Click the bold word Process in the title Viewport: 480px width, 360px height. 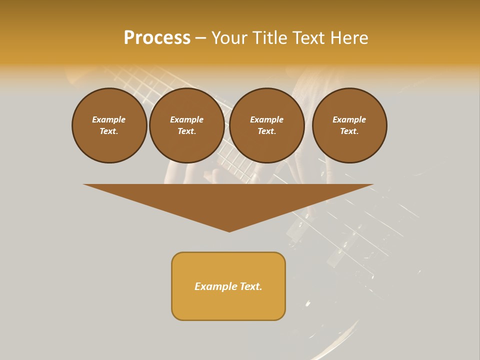157,38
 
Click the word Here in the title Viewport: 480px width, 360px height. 350,38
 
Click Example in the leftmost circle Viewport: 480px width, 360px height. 109,119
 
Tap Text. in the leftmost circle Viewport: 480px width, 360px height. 109,131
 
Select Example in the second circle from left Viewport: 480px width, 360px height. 186,119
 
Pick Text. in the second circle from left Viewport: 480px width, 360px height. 186,131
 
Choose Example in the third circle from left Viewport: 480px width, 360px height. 266,119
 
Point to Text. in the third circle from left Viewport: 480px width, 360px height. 266,131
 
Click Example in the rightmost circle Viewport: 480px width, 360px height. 349,119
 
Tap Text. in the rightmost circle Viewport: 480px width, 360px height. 349,131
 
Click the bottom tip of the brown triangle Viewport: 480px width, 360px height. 229,231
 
